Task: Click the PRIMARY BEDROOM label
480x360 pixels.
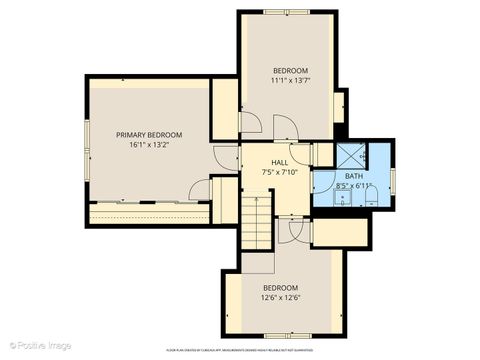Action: (149, 134)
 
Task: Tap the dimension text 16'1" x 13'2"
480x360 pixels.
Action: (149, 145)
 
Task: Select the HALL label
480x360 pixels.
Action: (279, 161)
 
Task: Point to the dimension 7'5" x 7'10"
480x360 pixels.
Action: (279, 171)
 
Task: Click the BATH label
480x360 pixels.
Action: (355, 176)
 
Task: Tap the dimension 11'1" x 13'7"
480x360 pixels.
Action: (291, 80)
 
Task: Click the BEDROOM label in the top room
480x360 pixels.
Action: (291, 69)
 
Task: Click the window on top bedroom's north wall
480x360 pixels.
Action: (288, 12)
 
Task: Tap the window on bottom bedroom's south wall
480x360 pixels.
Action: (283, 336)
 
